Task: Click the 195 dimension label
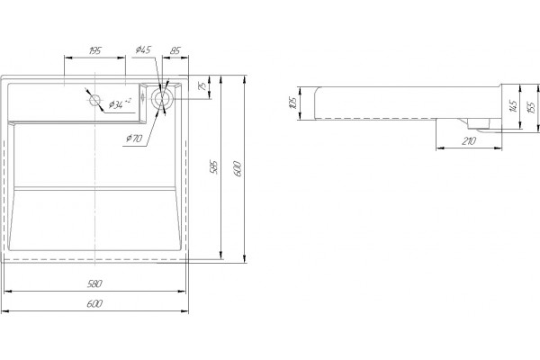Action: coord(94,50)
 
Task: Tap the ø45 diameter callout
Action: coord(143,49)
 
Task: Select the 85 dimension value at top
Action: coord(175,50)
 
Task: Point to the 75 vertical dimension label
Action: coord(203,85)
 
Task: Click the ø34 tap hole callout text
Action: coord(120,103)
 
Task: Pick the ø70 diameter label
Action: coord(134,139)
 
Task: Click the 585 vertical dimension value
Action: coord(214,167)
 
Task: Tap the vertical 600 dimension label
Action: coord(238,168)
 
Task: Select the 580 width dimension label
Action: coord(94,283)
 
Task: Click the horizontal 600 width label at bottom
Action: coord(94,304)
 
